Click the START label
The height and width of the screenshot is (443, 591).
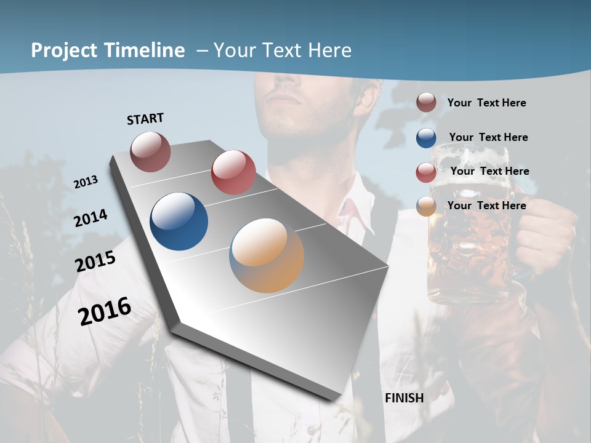coord(145,119)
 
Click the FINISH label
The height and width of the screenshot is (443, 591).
coord(404,398)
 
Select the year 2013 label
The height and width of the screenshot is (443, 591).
coord(86,182)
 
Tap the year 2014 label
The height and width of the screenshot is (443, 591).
coord(91,218)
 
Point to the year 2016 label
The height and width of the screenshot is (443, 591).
coord(105,311)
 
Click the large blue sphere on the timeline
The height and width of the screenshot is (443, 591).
coord(179,221)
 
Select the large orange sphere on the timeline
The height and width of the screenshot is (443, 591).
coord(267,255)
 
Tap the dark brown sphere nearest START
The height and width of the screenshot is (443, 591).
coord(150,151)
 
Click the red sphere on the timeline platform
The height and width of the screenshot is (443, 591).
coord(233,172)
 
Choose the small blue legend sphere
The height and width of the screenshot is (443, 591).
coord(426,138)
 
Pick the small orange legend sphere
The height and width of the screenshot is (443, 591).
coord(426,206)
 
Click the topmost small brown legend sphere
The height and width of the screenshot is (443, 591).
coord(426,102)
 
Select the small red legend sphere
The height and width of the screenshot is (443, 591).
coord(426,172)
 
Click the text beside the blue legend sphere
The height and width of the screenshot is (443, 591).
coord(488,137)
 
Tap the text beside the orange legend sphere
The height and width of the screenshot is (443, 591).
coord(486,206)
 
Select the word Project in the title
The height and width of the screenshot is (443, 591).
coord(62,50)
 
